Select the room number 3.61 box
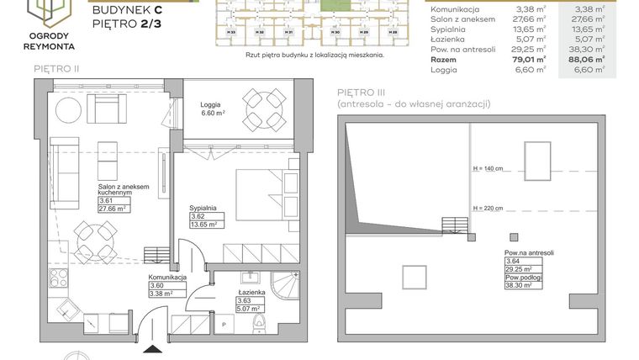tap(107, 201)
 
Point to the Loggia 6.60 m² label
tap(212, 109)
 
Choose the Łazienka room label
tap(251, 291)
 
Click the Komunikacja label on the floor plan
tap(166, 277)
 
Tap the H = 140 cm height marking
tap(488, 168)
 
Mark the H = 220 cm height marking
tap(488, 207)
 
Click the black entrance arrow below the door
tap(152, 349)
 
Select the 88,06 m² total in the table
tap(587, 60)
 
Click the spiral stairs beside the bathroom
tap(289, 289)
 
